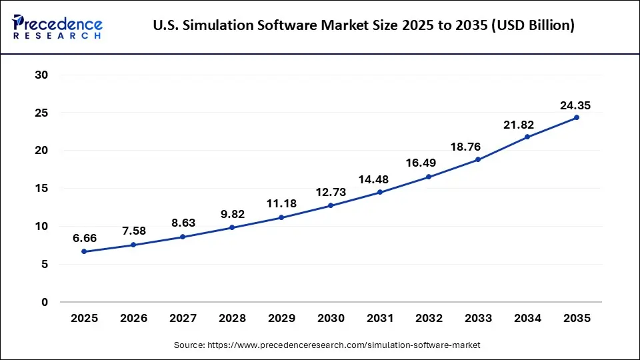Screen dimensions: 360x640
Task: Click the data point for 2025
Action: [84, 251]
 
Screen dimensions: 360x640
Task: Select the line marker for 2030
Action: [331, 205]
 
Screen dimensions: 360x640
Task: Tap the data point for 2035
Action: [577, 117]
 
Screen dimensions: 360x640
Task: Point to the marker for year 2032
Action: [429, 177]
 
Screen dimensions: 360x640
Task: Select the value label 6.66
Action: [84, 239]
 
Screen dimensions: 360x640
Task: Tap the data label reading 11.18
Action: [281, 204]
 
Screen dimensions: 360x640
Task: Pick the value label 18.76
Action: [478, 147]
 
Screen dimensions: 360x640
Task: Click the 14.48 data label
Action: [379, 179]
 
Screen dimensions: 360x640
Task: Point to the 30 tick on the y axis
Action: [41, 75]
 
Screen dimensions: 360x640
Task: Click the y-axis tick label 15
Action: [41, 189]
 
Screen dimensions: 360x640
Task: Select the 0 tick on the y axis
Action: [45, 302]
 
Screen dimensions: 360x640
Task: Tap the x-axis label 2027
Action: [183, 319]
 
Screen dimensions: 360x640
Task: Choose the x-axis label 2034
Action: [527, 319]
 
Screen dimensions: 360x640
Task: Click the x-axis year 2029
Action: [281, 319]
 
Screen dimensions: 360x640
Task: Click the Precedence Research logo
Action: [57, 25]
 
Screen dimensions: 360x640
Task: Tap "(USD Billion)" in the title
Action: [531, 25]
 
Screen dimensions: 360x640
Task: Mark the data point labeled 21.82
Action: [527, 137]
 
